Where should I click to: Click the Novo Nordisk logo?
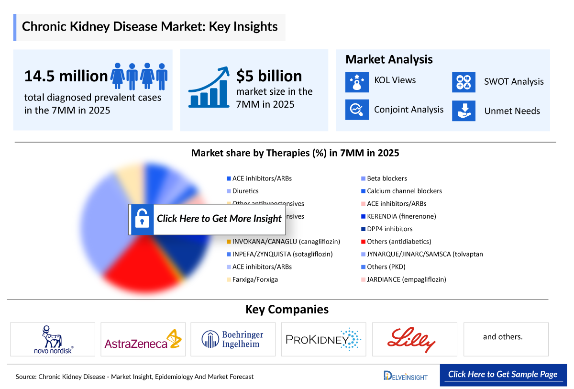[53, 339]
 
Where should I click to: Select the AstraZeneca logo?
[143, 339]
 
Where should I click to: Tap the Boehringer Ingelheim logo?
[233, 339]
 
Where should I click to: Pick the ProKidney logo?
[323, 339]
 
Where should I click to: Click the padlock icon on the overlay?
[141, 219]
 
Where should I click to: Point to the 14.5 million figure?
[66, 76]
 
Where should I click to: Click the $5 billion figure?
[269, 76]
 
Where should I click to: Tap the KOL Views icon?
[357, 81]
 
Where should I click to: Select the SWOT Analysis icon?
[464, 82]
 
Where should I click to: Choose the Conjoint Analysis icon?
[357, 110]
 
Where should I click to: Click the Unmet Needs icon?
[464, 111]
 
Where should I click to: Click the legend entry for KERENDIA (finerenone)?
[401, 216]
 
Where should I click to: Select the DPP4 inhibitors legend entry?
[389, 229]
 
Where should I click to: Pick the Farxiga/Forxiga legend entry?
[255, 279]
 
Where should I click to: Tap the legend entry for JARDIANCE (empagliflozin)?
[406, 279]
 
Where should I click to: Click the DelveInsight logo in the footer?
[406, 376]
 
